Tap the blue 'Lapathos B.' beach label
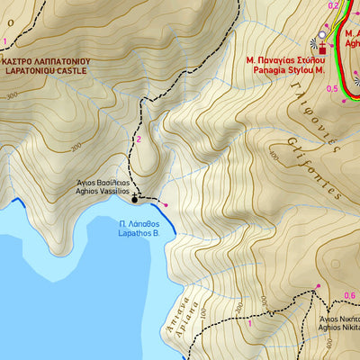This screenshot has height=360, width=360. point(139,231)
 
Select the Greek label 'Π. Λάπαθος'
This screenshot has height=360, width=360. point(139,221)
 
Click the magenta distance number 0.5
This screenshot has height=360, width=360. point(332,88)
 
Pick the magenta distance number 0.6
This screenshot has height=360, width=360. point(350,295)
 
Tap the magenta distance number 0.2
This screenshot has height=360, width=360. point(333,6)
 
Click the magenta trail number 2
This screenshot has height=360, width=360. point(139,139)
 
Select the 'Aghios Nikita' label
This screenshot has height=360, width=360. point(340,328)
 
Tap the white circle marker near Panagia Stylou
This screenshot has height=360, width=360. point(322,35)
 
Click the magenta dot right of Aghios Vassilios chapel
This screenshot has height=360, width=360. point(166,205)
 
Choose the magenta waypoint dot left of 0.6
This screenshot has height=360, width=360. point(317,287)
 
